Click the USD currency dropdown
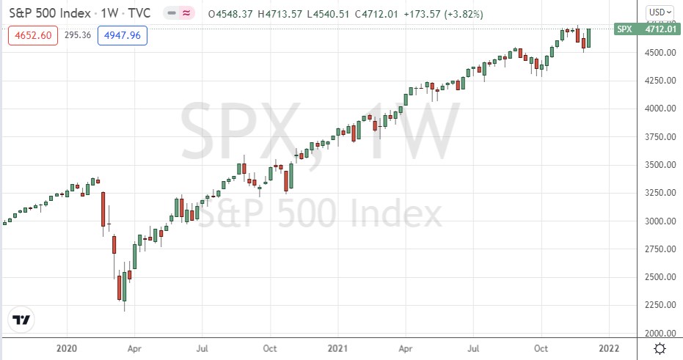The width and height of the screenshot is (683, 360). tap(658, 12)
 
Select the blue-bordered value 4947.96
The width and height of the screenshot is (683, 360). tap(126, 35)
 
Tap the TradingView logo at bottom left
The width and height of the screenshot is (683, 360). tap(23, 320)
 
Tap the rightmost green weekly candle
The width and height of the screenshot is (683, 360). tap(588, 38)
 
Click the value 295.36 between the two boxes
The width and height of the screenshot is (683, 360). tap(78, 35)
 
